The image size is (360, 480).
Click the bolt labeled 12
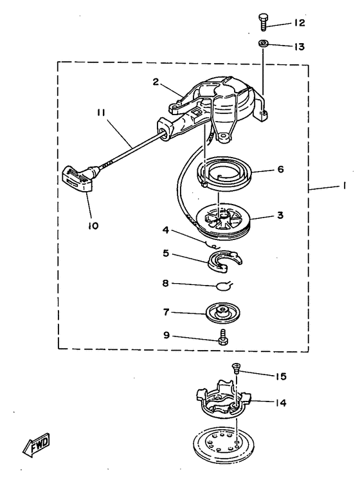262,21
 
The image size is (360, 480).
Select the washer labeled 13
263,44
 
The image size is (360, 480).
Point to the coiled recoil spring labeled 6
224,173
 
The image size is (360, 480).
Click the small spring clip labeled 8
224,286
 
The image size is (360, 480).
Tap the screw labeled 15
236,367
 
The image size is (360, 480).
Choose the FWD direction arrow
36,445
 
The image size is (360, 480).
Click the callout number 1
344,185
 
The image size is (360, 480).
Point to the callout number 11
101,113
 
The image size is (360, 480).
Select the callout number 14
280,403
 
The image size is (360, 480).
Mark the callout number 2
156,82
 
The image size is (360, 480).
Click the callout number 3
280,215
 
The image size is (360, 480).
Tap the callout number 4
165,230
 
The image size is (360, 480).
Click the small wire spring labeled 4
212,245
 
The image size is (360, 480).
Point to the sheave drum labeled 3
222,221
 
